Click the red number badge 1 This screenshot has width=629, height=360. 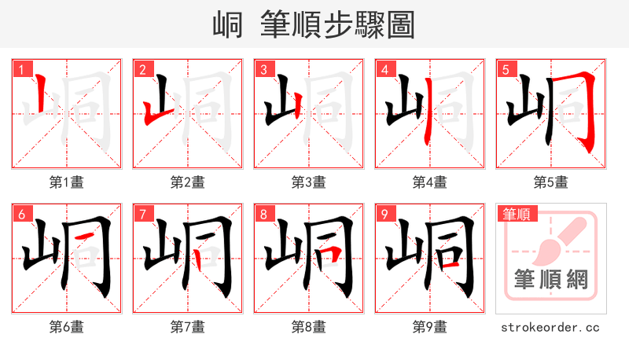(x=20, y=69)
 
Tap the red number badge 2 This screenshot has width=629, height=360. (x=142, y=69)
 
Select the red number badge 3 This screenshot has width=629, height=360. (x=263, y=69)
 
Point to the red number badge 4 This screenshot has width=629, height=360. (x=384, y=69)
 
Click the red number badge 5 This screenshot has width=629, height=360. (x=505, y=69)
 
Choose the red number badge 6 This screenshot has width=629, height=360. (x=20, y=214)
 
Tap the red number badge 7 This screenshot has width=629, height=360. (x=142, y=214)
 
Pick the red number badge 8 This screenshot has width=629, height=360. (x=263, y=214)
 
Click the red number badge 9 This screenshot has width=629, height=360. (x=384, y=214)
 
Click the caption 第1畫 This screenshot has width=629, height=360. (x=66, y=182)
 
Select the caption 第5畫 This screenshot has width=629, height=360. (x=550, y=182)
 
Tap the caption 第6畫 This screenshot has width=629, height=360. (x=66, y=327)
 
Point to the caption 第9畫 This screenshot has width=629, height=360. (x=429, y=327)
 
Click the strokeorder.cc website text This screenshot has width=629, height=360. (x=550, y=327)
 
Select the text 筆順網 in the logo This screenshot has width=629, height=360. (x=550, y=280)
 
